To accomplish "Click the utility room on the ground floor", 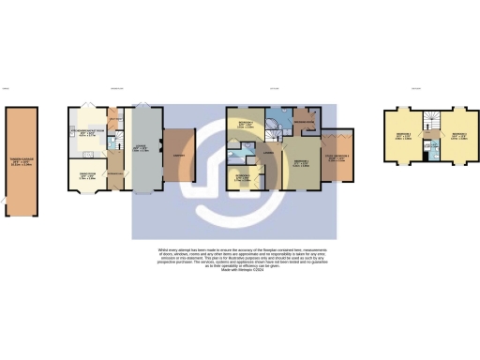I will click(x=114, y=122).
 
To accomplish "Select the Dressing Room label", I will click(x=303, y=123).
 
